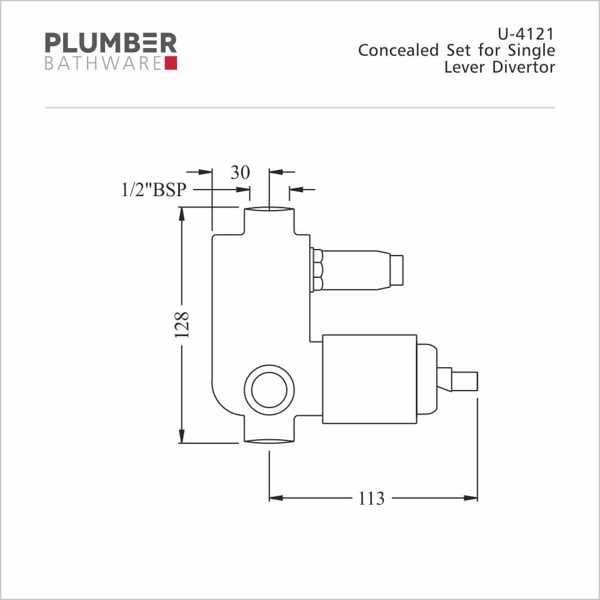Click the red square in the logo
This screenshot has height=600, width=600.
pos(170,63)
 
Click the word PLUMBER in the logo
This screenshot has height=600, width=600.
pos(110,43)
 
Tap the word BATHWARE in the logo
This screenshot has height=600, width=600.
pos(103,64)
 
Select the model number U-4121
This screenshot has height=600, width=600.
pos(526,34)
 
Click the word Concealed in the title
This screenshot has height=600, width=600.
pos(398,50)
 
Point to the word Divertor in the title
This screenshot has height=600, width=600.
pos(523,67)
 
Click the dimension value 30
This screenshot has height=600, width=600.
pos(240,173)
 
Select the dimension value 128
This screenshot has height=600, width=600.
pos(182,325)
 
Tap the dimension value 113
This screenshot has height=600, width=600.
pos(371,498)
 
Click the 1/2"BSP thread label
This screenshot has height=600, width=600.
pos(154,190)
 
